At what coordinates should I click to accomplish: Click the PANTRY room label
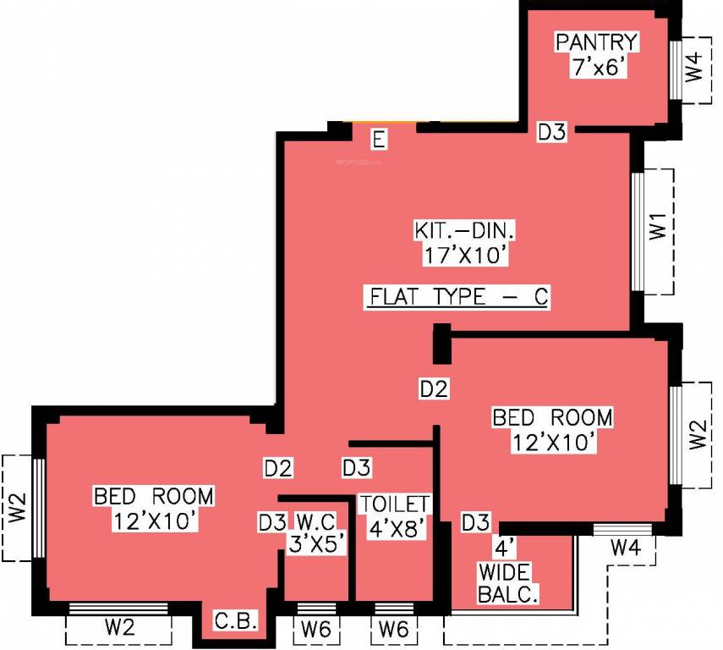click(x=596, y=41)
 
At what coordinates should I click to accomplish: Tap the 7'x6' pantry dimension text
click(x=597, y=68)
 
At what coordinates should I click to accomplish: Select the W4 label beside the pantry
click(x=693, y=67)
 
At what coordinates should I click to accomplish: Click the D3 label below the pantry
click(x=552, y=132)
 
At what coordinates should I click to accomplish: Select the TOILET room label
click(x=395, y=504)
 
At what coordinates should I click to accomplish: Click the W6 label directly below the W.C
click(x=316, y=629)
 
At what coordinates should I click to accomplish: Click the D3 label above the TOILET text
click(x=355, y=467)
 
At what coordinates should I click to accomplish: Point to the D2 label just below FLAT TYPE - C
click(x=434, y=389)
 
